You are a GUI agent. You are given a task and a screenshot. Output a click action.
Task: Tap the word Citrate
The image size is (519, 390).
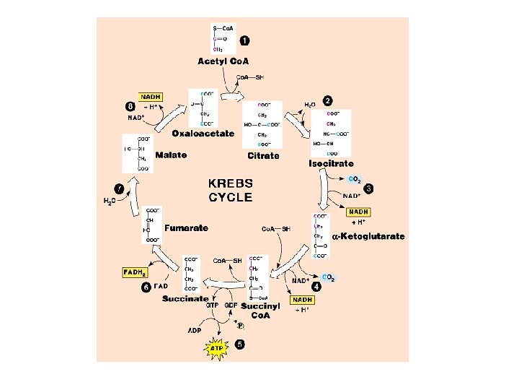coord(263,155)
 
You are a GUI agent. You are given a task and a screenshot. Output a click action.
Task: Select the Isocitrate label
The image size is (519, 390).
coord(331,164)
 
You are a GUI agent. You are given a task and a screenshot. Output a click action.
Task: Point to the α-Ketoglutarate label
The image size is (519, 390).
coord(368,236)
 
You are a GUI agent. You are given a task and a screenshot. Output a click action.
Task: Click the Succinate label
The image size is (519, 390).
coord(185,298)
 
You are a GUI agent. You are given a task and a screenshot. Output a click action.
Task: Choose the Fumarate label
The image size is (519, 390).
coord(186,228)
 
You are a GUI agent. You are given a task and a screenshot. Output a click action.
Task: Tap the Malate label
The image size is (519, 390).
coord(172,155)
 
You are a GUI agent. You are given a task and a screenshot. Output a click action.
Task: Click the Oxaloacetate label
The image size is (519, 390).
coord(203,133)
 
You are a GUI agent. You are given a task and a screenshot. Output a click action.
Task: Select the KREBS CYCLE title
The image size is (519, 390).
coord(230,190)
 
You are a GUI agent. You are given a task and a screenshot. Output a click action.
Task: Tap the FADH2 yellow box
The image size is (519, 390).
coord(134,273)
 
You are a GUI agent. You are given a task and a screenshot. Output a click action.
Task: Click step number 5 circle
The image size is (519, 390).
coord(239,343)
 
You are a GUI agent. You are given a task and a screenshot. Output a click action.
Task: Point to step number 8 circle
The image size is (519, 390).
coord(130,105)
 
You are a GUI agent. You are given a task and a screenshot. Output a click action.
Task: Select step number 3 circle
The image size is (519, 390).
coord(368,188)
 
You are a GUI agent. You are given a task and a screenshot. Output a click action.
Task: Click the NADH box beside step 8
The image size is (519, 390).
coord(151,96)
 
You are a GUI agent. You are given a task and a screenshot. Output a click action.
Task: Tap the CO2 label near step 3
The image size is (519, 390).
coord(355,179)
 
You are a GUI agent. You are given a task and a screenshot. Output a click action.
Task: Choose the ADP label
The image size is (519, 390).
coord(195,331)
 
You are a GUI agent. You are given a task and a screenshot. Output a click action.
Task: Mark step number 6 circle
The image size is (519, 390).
coord(146,287)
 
